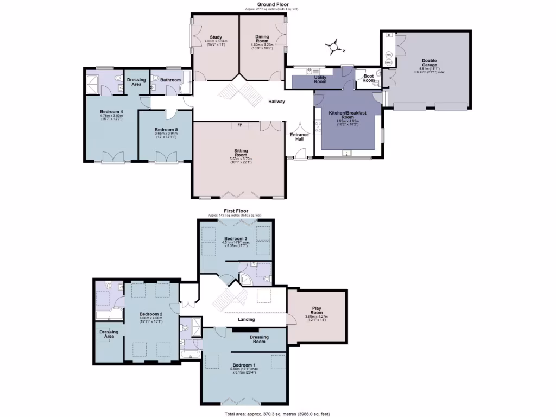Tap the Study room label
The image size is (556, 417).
[x=216, y=37]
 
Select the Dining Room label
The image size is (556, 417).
[x=262, y=40]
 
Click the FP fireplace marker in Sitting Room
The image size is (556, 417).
[x=239, y=125]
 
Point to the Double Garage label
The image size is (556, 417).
[x=429, y=63]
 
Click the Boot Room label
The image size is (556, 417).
[x=369, y=78]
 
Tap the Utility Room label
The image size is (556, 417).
[x=320, y=80]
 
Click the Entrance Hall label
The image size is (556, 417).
[x=299, y=136]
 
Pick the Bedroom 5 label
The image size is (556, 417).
[x=166, y=130]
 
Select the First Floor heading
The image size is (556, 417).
[x=236, y=210]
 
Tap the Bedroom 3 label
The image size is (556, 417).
[x=236, y=238]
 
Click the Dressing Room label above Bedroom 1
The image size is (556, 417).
[x=259, y=339]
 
